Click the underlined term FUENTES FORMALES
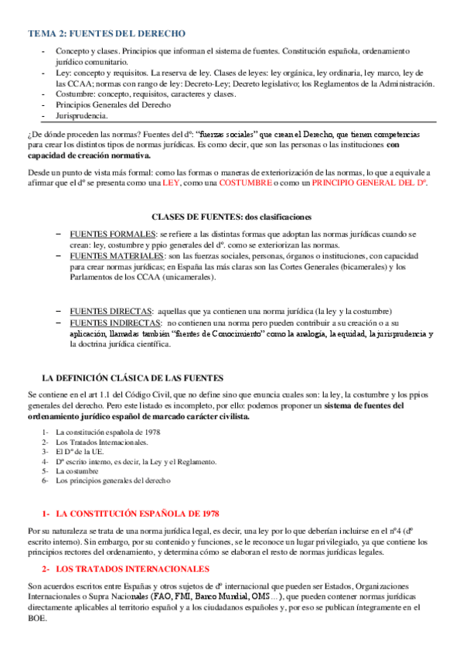111,234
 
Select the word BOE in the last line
36,619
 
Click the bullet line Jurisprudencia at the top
81,116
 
